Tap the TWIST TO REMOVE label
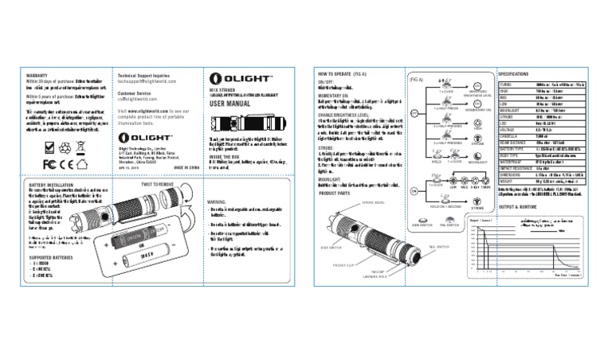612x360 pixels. click(159, 183)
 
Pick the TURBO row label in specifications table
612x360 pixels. click(505, 84)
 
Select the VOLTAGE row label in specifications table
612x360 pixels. click(508, 129)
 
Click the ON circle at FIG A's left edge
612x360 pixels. click(414, 191)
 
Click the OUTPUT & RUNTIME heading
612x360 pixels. click(521, 206)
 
